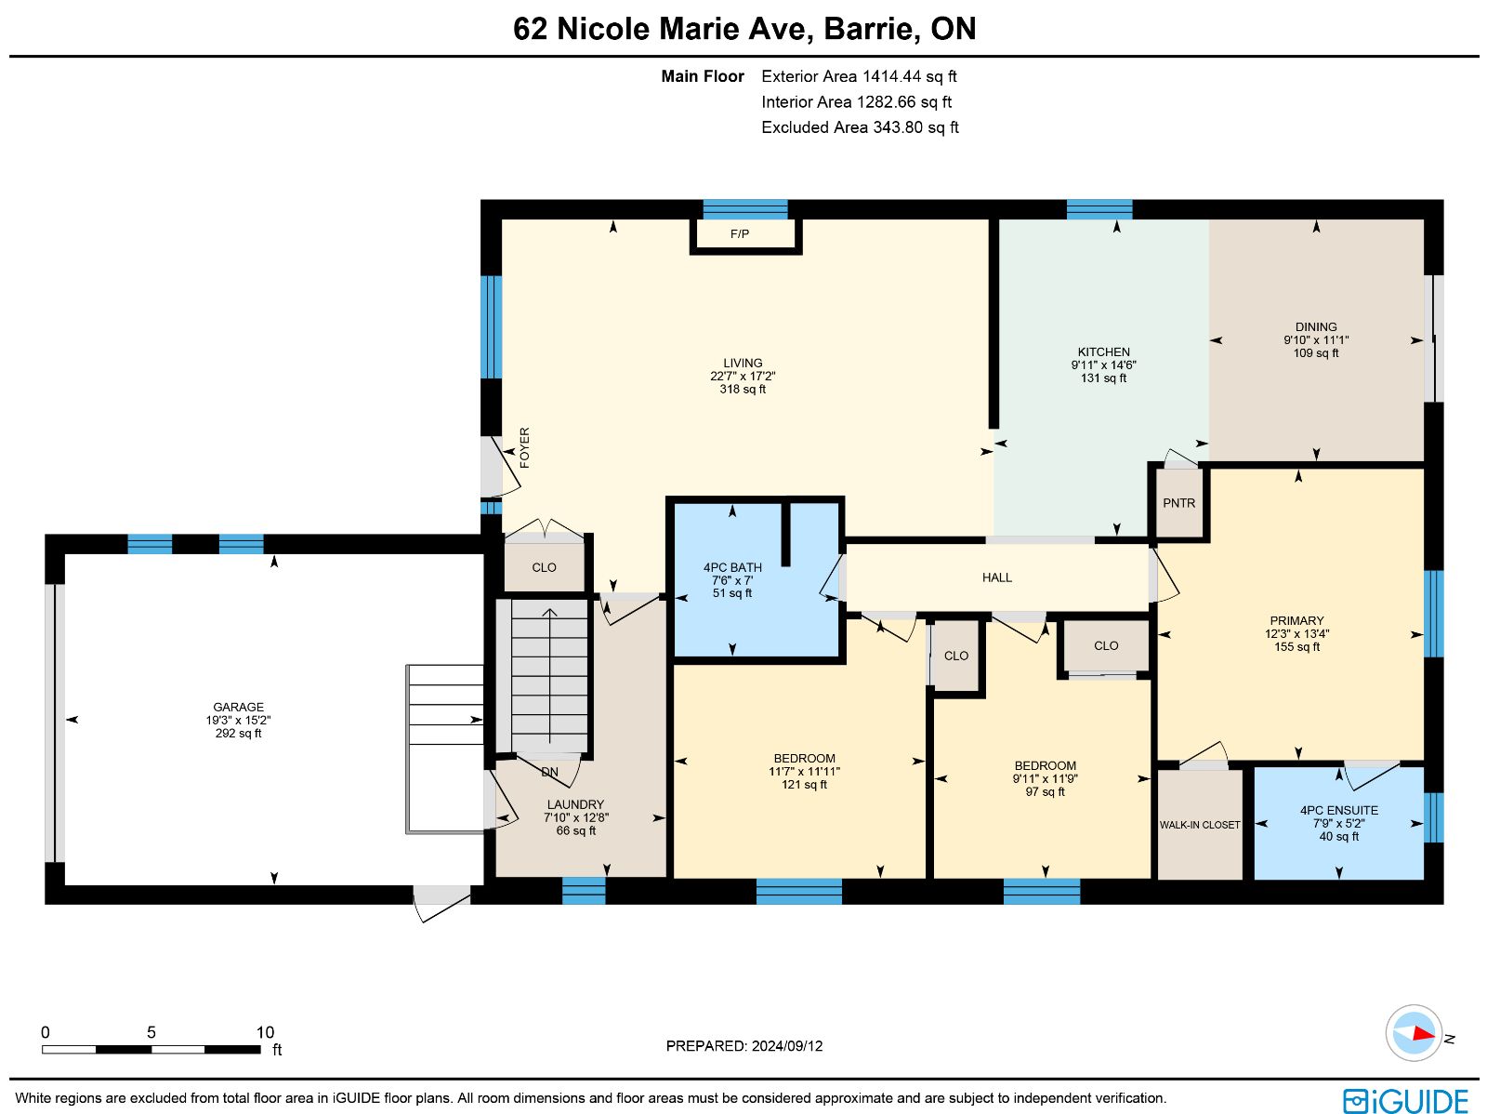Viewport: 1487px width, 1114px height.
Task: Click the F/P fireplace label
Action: coord(739,233)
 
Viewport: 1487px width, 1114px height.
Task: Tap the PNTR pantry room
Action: coord(1178,503)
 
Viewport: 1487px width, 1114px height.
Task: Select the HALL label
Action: coord(996,577)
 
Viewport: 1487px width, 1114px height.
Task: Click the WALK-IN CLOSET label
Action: coord(1199,825)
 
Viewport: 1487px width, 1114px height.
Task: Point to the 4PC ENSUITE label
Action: coord(1338,810)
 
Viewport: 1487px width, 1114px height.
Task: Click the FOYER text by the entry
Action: coord(524,447)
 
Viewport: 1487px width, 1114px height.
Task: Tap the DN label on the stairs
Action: coord(549,772)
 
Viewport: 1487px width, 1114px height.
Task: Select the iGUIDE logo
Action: coord(1405,1100)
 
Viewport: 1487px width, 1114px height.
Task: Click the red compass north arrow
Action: coord(1423,1034)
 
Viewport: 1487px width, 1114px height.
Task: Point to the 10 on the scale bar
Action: coord(265,1032)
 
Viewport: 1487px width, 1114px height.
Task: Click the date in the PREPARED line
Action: coord(787,1045)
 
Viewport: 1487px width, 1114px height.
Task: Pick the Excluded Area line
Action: coord(860,127)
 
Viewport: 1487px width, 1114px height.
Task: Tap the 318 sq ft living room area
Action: coord(743,389)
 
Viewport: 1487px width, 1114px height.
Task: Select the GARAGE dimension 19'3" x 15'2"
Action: coord(239,720)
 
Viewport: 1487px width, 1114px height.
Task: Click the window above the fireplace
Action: coord(745,209)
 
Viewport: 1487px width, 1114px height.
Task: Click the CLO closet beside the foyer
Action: coord(544,567)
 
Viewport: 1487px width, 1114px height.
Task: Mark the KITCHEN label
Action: coord(1103,351)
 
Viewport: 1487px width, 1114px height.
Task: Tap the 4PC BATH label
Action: coord(732,567)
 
